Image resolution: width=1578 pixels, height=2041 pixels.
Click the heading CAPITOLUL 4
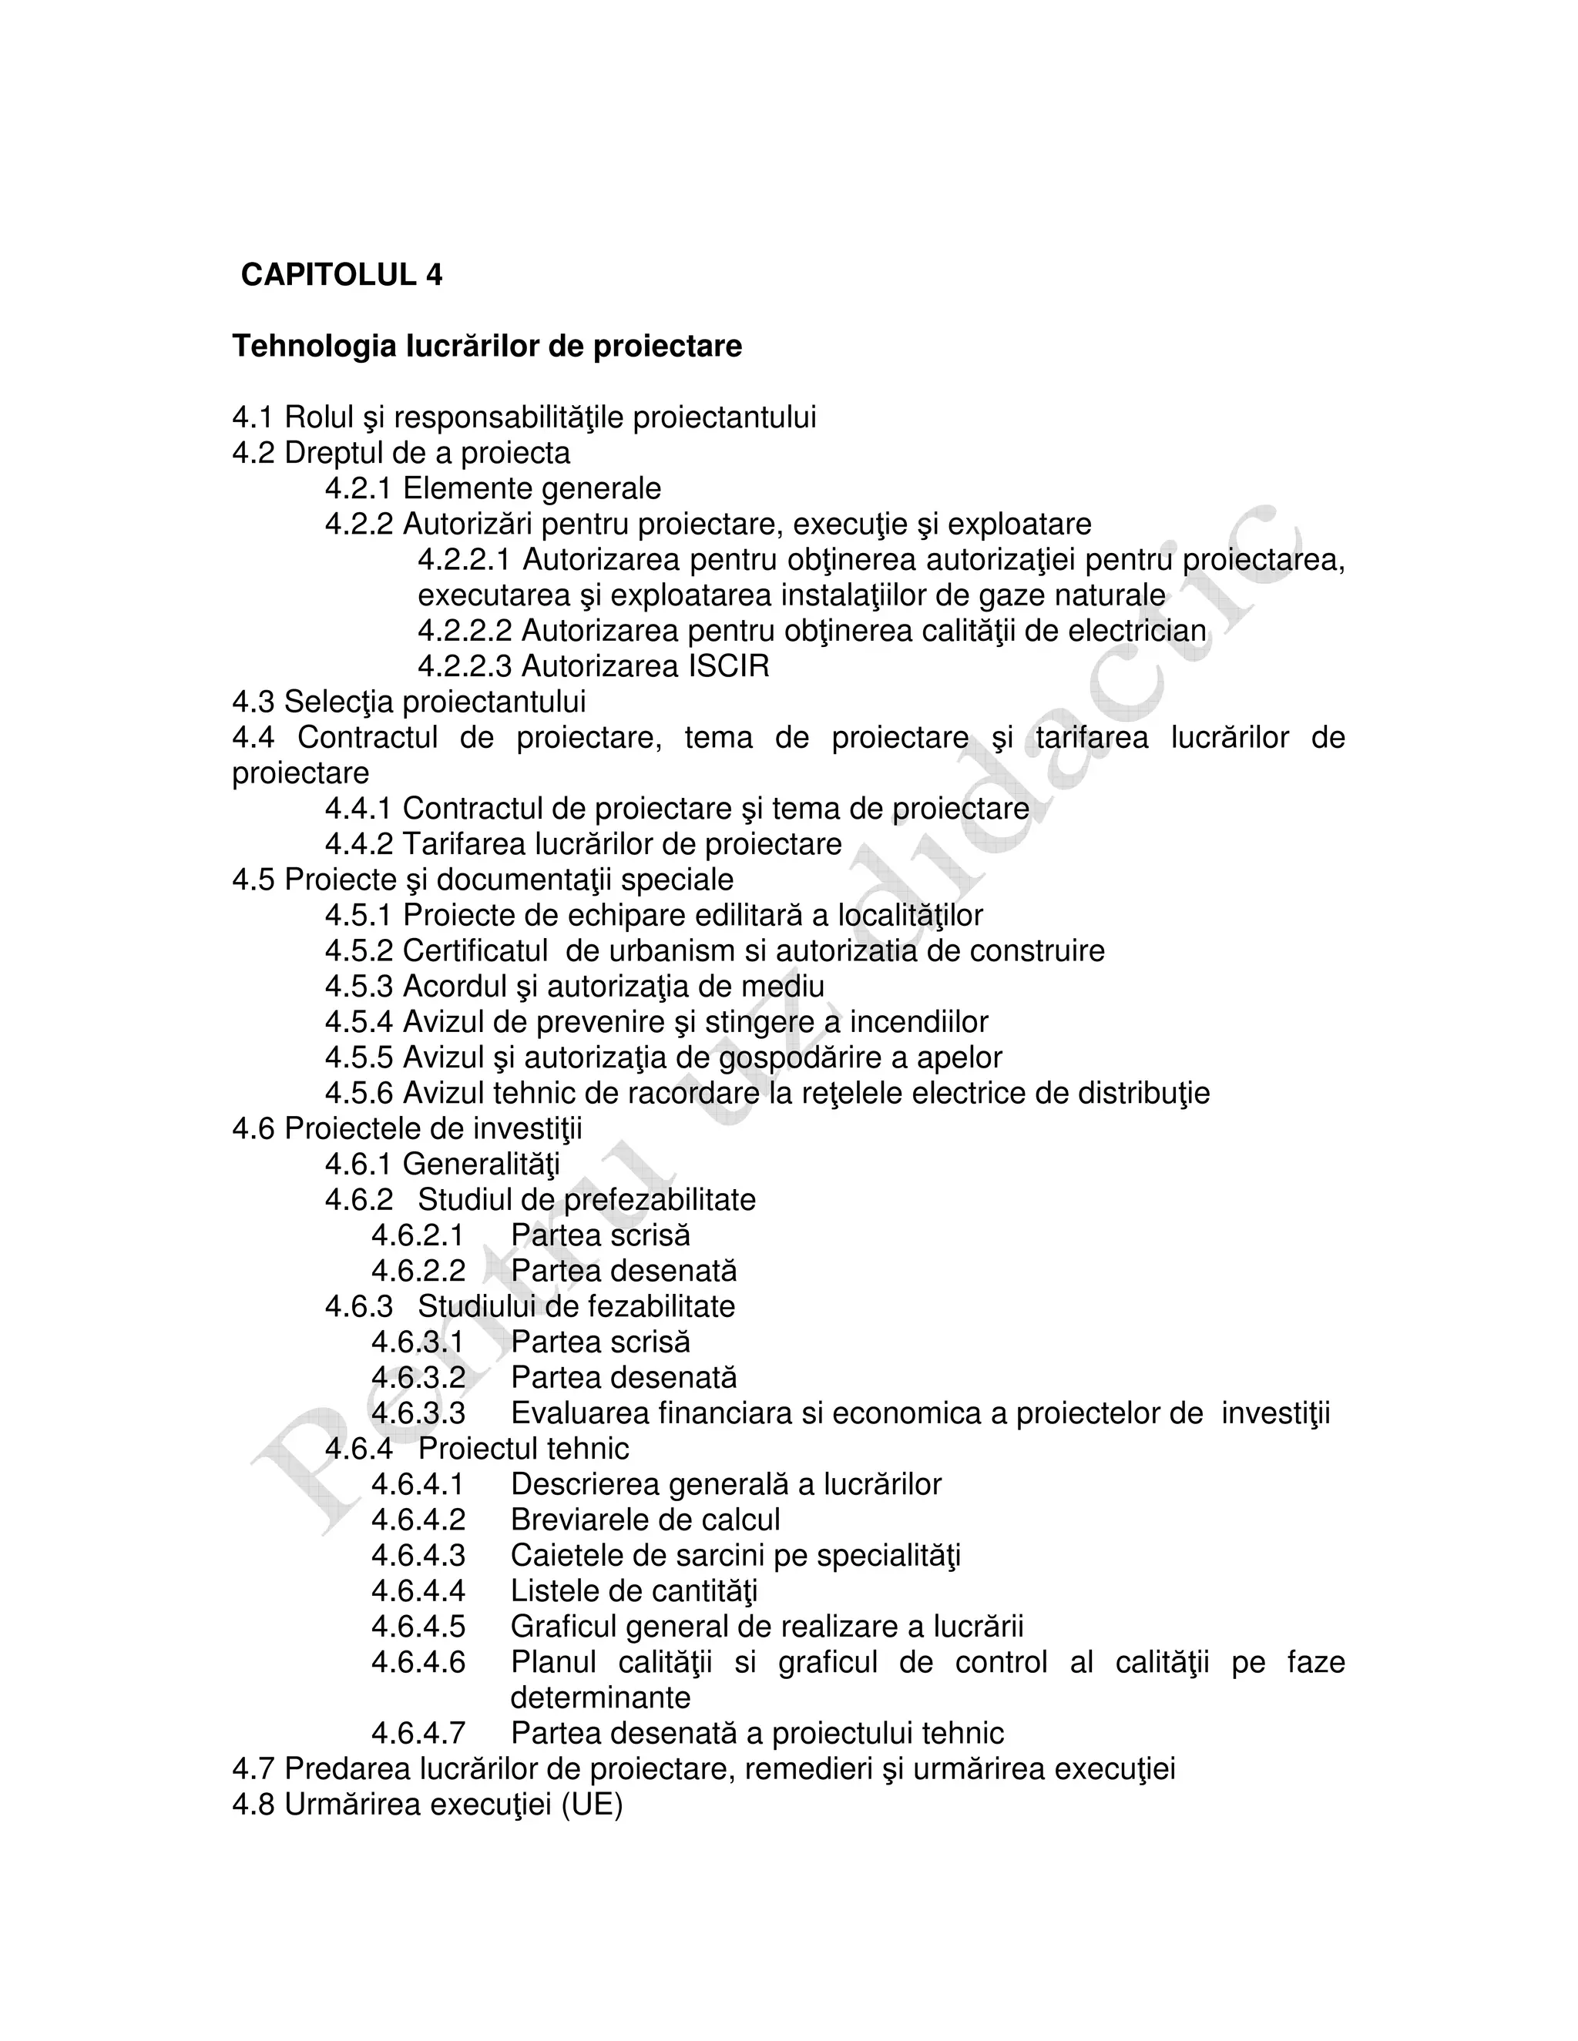(342, 275)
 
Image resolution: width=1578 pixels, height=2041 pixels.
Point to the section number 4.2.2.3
(465, 666)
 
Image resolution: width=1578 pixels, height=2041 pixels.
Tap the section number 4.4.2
(359, 844)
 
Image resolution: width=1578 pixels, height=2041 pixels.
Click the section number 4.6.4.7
(418, 1733)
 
